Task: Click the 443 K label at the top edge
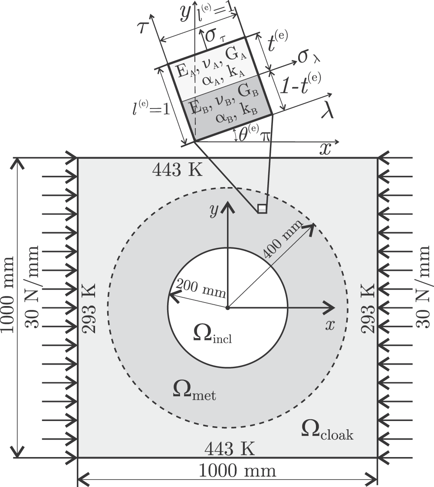point(177,171)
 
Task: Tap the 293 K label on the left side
point(89,309)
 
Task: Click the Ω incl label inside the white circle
point(212,333)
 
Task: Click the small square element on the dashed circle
point(262,209)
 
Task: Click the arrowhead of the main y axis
point(226,207)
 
